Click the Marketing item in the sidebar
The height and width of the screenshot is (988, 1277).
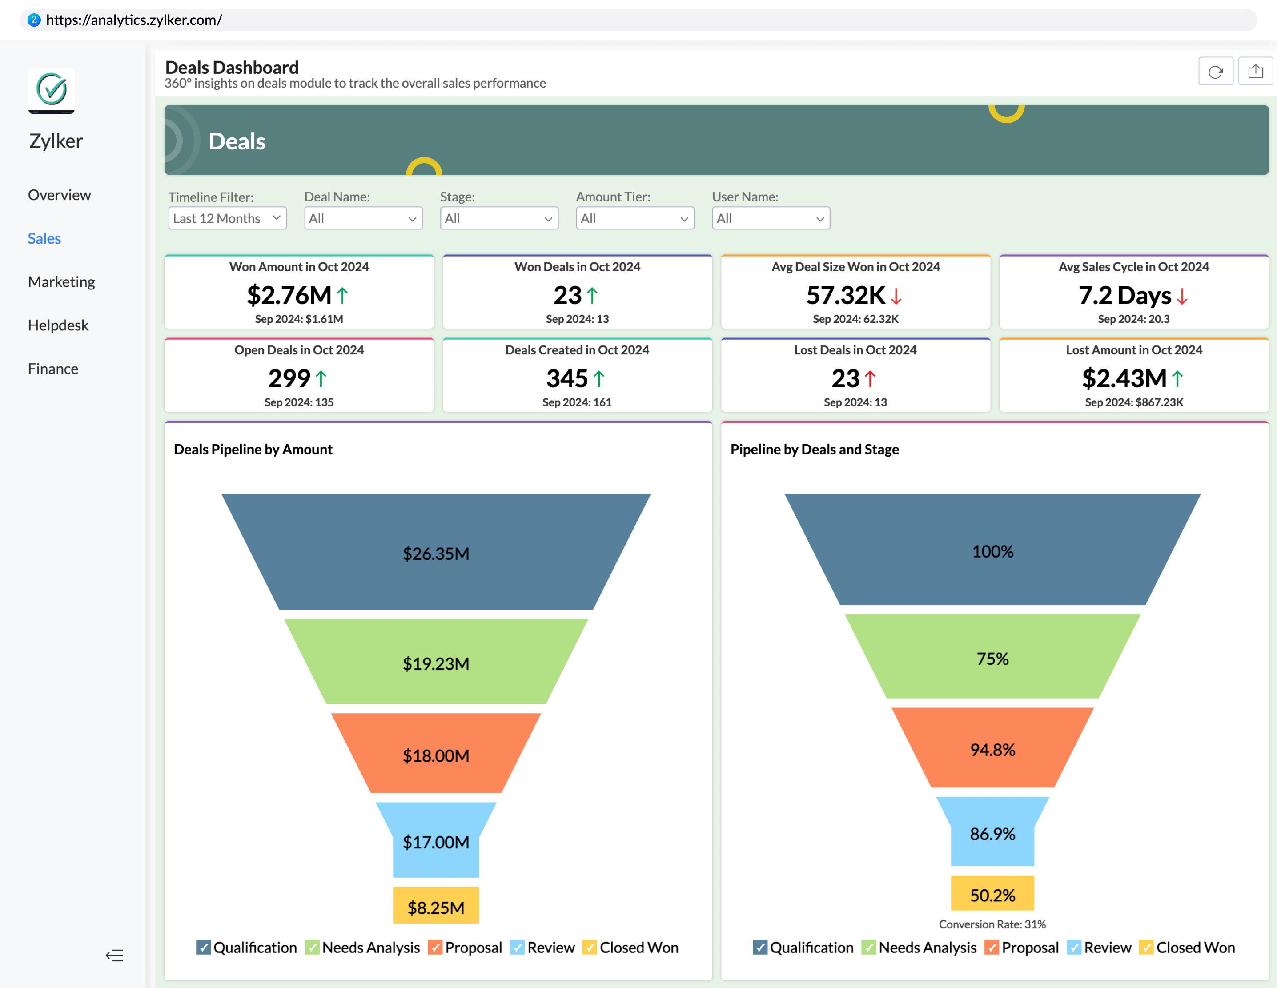61,282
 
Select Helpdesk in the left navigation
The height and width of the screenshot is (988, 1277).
58,325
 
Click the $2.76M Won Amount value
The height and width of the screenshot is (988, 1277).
289,295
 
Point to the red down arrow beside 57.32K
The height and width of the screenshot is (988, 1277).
896,297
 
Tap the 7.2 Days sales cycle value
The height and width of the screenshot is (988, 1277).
1124,295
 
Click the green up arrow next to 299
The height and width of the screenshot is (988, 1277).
321,379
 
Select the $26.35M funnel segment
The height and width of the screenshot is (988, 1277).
436,553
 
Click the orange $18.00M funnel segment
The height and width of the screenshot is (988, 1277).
436,755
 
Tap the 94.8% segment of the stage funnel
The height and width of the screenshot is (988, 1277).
992,750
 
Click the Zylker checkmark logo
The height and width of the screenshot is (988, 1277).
52,90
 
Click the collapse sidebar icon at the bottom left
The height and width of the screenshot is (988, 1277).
115,955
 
